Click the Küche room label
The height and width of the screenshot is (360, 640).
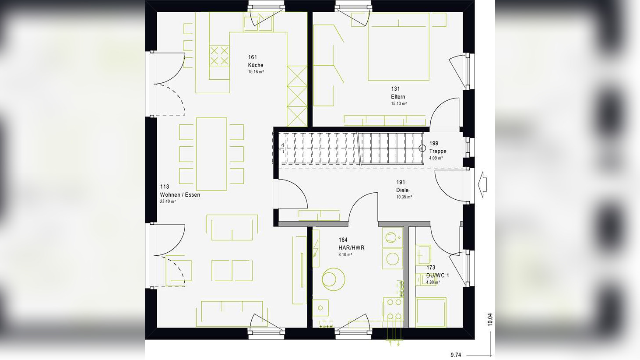coord(256,65)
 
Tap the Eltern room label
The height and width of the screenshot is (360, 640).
coord(398,97)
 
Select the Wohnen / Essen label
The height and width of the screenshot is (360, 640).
coord(180,195)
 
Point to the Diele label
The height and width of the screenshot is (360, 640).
coord(402,190)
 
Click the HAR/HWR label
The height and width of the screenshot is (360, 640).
coord(351,248)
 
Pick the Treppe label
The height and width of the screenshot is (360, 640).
coord(438,151)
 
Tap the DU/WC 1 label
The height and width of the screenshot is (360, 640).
coord(437,275)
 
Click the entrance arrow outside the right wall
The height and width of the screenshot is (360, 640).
coord(482,184)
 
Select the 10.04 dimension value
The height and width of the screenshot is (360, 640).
coord(490,319)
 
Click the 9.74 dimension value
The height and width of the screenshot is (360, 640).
coord(456,355)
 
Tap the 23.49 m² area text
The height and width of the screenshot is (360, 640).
coord(168,202)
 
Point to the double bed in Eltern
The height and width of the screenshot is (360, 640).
coord(398,47)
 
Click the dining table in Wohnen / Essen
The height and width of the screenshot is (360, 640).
coord(211,154)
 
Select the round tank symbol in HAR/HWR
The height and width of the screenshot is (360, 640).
coord(333,279)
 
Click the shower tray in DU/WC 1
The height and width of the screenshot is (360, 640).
coord(431,312)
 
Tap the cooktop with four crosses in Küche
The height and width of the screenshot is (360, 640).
coord(219,56)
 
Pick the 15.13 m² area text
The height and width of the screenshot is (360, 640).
coord(399,104)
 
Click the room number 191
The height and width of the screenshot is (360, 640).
coord(401,182)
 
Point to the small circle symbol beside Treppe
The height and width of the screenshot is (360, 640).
coord(422,148)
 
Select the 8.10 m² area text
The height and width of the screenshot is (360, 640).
coord(345,254)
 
